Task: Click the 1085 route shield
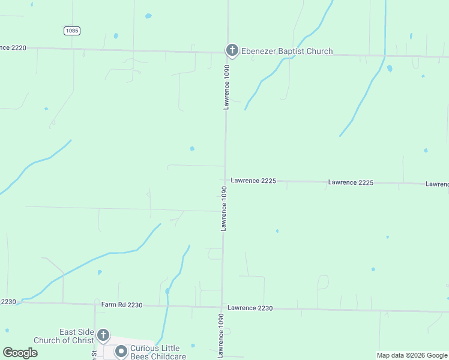coord(71,31)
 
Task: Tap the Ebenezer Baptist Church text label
coord(287,51)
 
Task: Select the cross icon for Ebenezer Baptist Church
coord(232,50)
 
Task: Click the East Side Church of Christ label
coord(64,336)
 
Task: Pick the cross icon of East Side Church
coord(103,335)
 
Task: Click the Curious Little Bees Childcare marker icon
coord(121,351)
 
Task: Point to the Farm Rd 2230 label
coord(122,305)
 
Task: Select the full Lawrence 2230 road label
coord(250,308)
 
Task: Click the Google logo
coord(20,353)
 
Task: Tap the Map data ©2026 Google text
coord(412,355)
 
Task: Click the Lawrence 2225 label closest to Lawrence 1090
coord(253,180)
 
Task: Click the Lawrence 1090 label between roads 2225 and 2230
coord(223,208)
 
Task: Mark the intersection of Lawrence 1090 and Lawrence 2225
coord(224,179)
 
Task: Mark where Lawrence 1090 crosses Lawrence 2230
coord(222,307)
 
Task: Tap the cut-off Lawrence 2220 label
coord(13,47)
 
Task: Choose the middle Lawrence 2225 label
coord(351,182)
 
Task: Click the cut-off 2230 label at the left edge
coord(8,302)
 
